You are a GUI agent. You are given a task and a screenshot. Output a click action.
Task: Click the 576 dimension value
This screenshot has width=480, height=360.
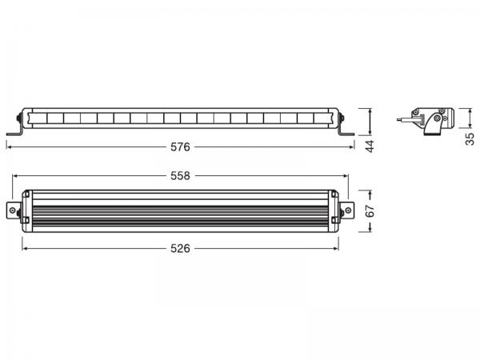pyautogui.click(x=181, y=147)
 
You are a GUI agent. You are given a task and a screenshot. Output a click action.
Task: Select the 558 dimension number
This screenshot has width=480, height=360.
pyautogui.click(x=180, y=175)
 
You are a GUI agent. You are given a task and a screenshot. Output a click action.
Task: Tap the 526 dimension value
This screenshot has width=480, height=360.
pyautogui.click(x=181, y=248)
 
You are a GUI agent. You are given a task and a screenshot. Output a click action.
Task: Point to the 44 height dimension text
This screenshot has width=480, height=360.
pyautogui.click(x=370, y=147)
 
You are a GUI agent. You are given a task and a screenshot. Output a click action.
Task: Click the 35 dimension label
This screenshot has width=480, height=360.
pyautogui.click(x=470, y=142)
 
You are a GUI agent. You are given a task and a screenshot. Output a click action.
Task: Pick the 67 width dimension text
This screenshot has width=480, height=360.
pyautogui.click(x=370, y=212)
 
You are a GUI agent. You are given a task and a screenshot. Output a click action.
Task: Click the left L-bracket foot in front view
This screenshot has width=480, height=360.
pyautogui.click(x=14, y=132)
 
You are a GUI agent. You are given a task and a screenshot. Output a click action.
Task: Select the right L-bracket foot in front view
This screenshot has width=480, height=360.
pyautogui.click(x=348, y=132)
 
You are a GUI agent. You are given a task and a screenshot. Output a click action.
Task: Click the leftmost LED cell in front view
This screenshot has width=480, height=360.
pyautogui.click(x=39, y=119)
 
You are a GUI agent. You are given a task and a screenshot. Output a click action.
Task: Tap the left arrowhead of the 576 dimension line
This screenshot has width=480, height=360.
pyautogui.click(x=9, y=147)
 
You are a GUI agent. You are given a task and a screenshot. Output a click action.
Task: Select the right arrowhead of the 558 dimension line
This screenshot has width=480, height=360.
pyautogui.click(x=346, y=175)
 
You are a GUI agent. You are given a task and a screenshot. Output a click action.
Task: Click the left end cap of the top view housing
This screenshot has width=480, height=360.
pyautogui.click(x=26, y=211)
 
